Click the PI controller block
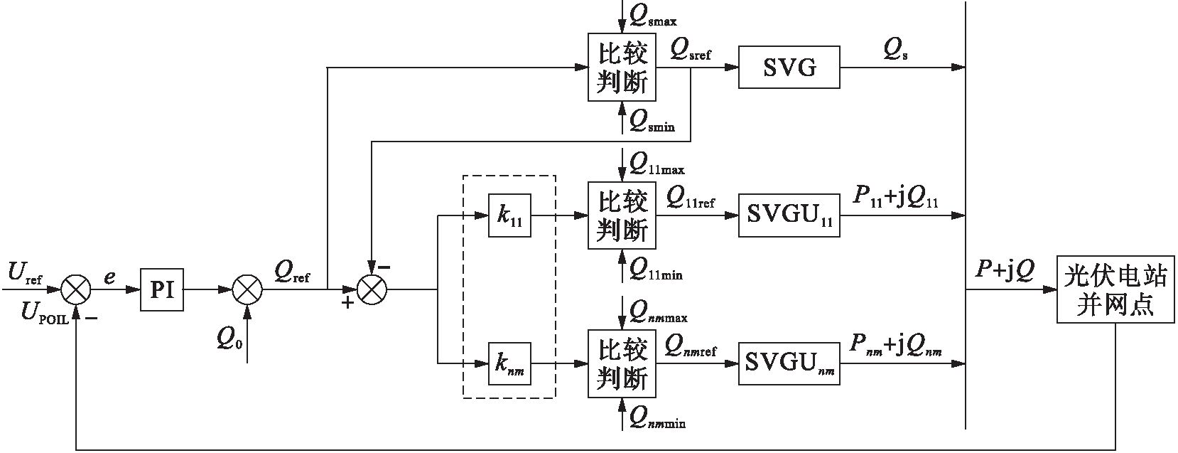pos(162,289)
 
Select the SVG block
pos(789,68)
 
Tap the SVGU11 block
pos(789,215)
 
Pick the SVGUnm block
pos(789,364)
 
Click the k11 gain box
pos(509,215)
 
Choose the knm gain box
pos(509,364)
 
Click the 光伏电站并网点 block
pos(1115,289)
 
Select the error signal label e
pos(109,277)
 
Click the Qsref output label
pos(690,50)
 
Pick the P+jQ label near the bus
pos(1005,270)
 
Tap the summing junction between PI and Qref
pos(247,289)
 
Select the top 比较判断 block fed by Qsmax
pos(622,68)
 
